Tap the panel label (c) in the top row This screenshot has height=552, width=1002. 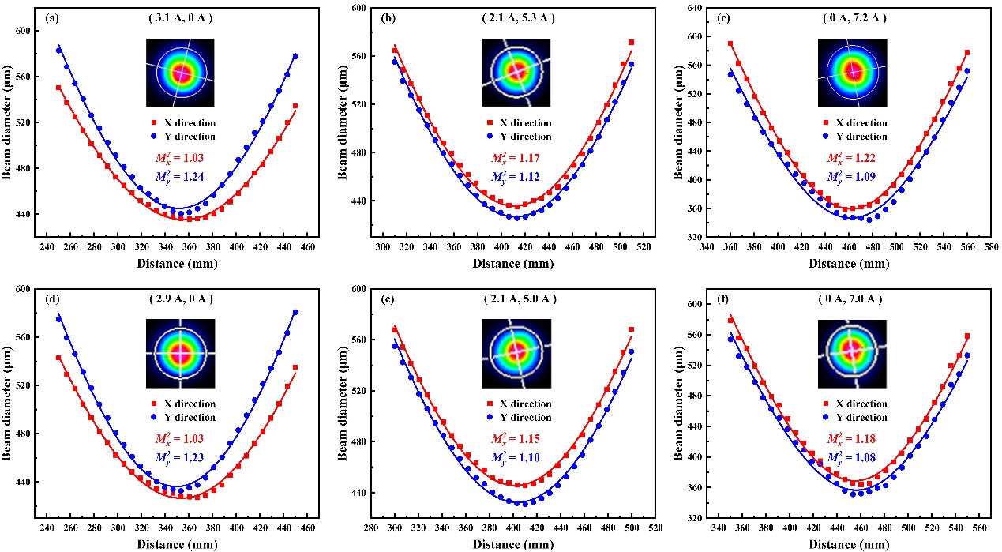pos(683,17)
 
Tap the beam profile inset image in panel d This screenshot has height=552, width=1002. pos(181,353)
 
